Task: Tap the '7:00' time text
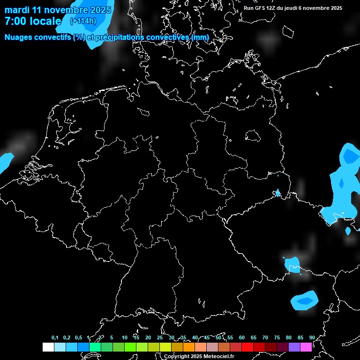coord(16,21)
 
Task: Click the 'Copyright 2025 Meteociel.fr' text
coord(199,356)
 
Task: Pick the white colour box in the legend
coord(48,347)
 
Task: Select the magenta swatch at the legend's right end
coord(306,347)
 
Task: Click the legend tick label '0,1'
coord(55,338)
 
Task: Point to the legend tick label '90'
coord(312,338)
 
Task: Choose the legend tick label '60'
coord(241,338)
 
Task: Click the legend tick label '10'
coord(124,338)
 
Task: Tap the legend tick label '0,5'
coord(78,338)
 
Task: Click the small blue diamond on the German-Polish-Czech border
coord(277,193)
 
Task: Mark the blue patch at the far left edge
coord(5,161)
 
